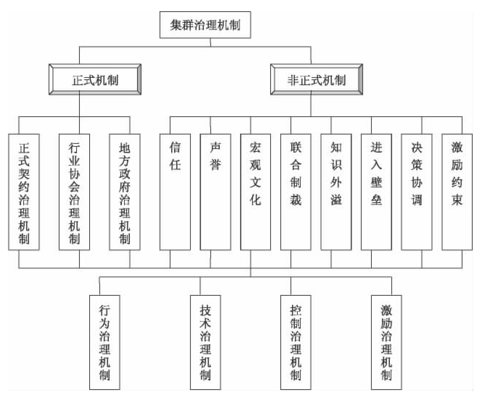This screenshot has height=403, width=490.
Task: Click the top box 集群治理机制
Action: click(x=205, y=25)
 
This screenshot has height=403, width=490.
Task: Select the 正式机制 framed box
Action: click(x=95, y=80)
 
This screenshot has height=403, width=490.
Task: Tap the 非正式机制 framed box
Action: click(x=316, y=80)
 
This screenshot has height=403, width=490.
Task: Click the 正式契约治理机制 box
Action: click(x=24, y=192)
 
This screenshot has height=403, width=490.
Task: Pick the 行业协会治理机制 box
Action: click(x=74, y=192)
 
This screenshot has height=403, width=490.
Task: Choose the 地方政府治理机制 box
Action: click(x=124, y=192)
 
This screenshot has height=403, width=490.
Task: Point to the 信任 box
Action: click(x=175, y=192)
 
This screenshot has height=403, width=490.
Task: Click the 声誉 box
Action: click(x=215, y=192)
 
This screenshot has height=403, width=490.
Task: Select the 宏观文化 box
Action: click(x=255, y=192)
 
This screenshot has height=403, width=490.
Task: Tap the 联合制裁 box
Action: click(x=296, y=192)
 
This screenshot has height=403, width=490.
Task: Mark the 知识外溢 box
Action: click(x=336, y=192)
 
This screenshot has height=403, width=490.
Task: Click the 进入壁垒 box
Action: click(x=376, y=192)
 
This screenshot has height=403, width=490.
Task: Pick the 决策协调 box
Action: click(x=416, y=192)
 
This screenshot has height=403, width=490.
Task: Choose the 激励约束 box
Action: click(x=457, y=192)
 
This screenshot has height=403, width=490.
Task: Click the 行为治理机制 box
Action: click(x=104, y=342)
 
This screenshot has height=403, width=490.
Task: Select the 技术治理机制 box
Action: click(x=205, y=342)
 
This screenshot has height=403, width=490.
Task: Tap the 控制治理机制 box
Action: click(x=296, y=342)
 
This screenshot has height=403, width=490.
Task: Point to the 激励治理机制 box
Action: click(x=386, y=342)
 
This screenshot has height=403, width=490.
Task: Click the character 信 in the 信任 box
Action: click(x=175, y=147)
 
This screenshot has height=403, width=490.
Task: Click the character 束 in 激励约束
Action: click(x=457, y=199)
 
